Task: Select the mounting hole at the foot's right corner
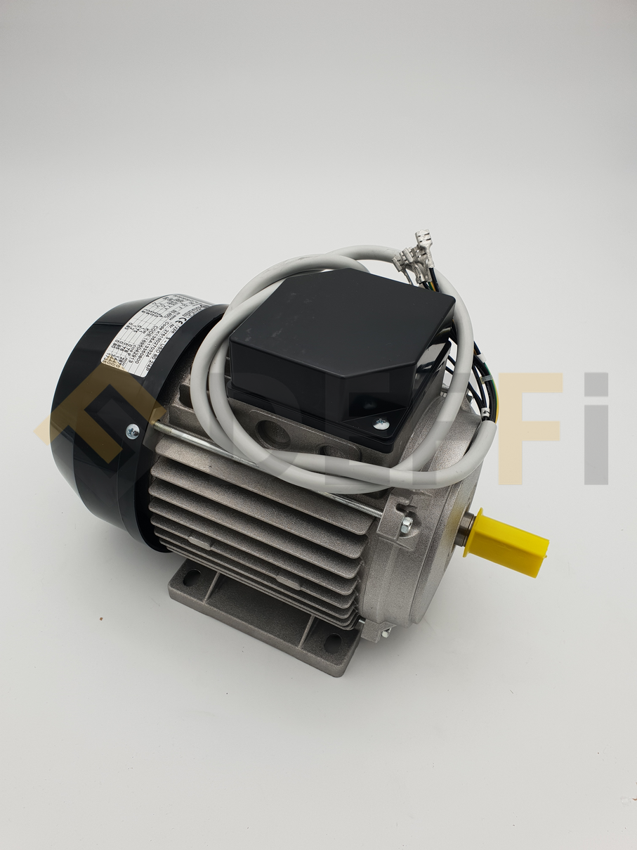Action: click(x=332, y=642)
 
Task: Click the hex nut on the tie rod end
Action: click(x=407, y=522)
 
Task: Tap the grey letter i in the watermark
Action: click(x=596, y=429)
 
